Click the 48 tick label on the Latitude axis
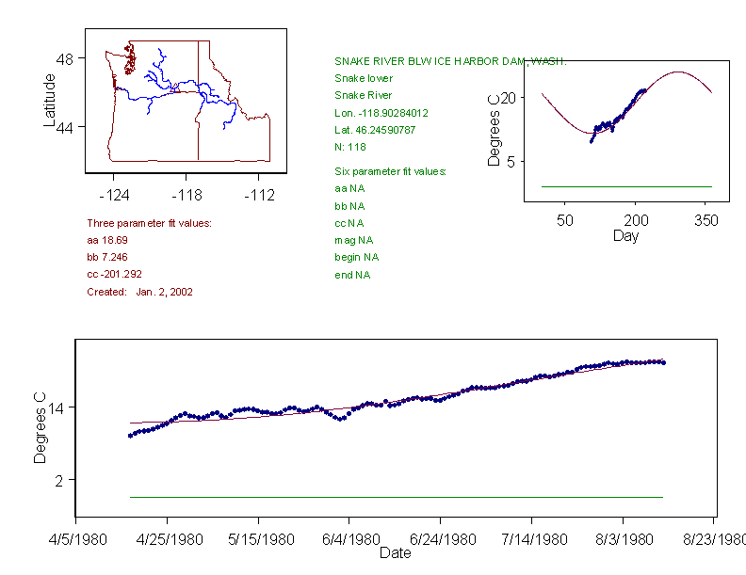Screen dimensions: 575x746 click(65, 58)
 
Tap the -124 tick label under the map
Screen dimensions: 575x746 click(114, 196)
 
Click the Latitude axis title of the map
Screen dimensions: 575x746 click(50, 100)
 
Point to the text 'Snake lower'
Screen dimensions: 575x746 click(364, 78)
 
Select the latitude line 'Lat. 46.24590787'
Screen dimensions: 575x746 click(375, 129)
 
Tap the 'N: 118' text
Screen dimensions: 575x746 click(350, 146)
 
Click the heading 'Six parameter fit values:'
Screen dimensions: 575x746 click(390, 171)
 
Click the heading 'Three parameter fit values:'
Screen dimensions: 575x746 click(149, 223)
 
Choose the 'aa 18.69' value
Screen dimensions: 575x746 click(107, 240)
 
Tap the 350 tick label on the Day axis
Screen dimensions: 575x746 click(706, 220)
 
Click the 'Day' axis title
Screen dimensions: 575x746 click(625, 235)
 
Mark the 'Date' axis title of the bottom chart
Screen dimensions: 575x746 click(395, 553)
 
